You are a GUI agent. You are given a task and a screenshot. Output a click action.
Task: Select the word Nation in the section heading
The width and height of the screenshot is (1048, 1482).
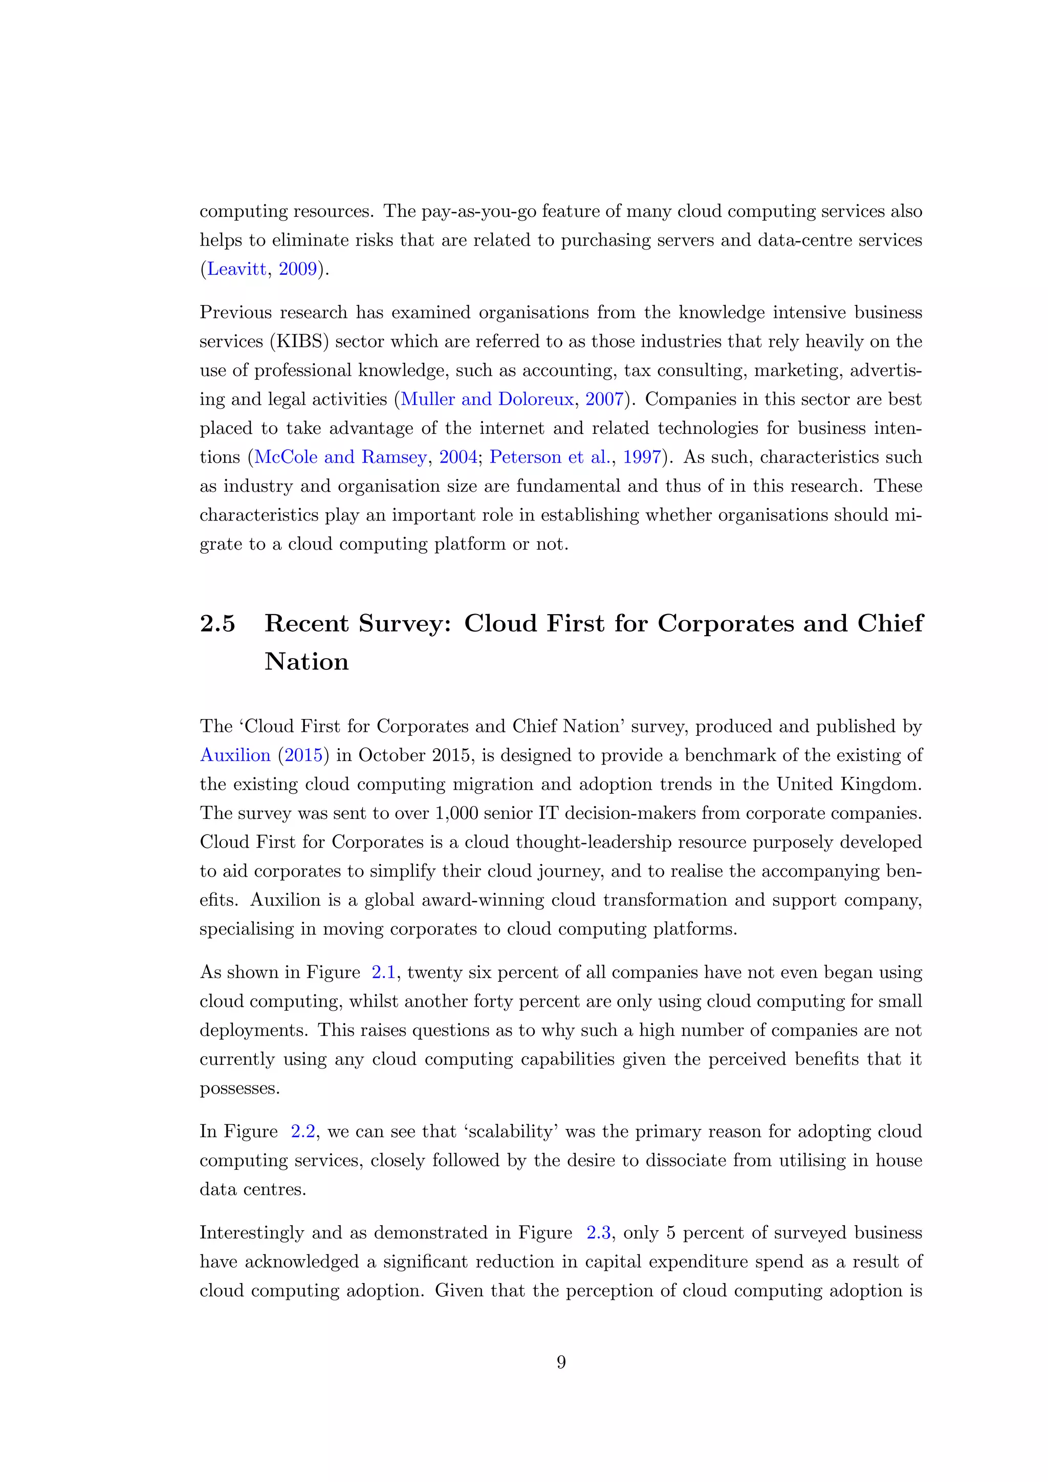pos(307,662)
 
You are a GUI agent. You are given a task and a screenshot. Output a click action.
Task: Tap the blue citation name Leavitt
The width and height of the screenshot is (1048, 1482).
pos(236,269)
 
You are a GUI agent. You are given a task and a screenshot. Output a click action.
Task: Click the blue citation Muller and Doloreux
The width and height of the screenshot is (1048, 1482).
pos(487,400)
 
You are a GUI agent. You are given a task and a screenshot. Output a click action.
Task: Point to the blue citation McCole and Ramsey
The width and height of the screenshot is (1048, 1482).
pos(341,457)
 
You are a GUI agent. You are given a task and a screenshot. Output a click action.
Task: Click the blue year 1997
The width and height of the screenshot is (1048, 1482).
pos(642,457)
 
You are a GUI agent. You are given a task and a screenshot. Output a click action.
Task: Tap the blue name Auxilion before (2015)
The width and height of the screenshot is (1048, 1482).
pos(235,756)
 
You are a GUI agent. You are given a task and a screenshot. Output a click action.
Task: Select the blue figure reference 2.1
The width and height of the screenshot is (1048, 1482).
pos(383,973)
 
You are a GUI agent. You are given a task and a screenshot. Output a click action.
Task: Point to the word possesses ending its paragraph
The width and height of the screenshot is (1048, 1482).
pos(239,1089)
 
